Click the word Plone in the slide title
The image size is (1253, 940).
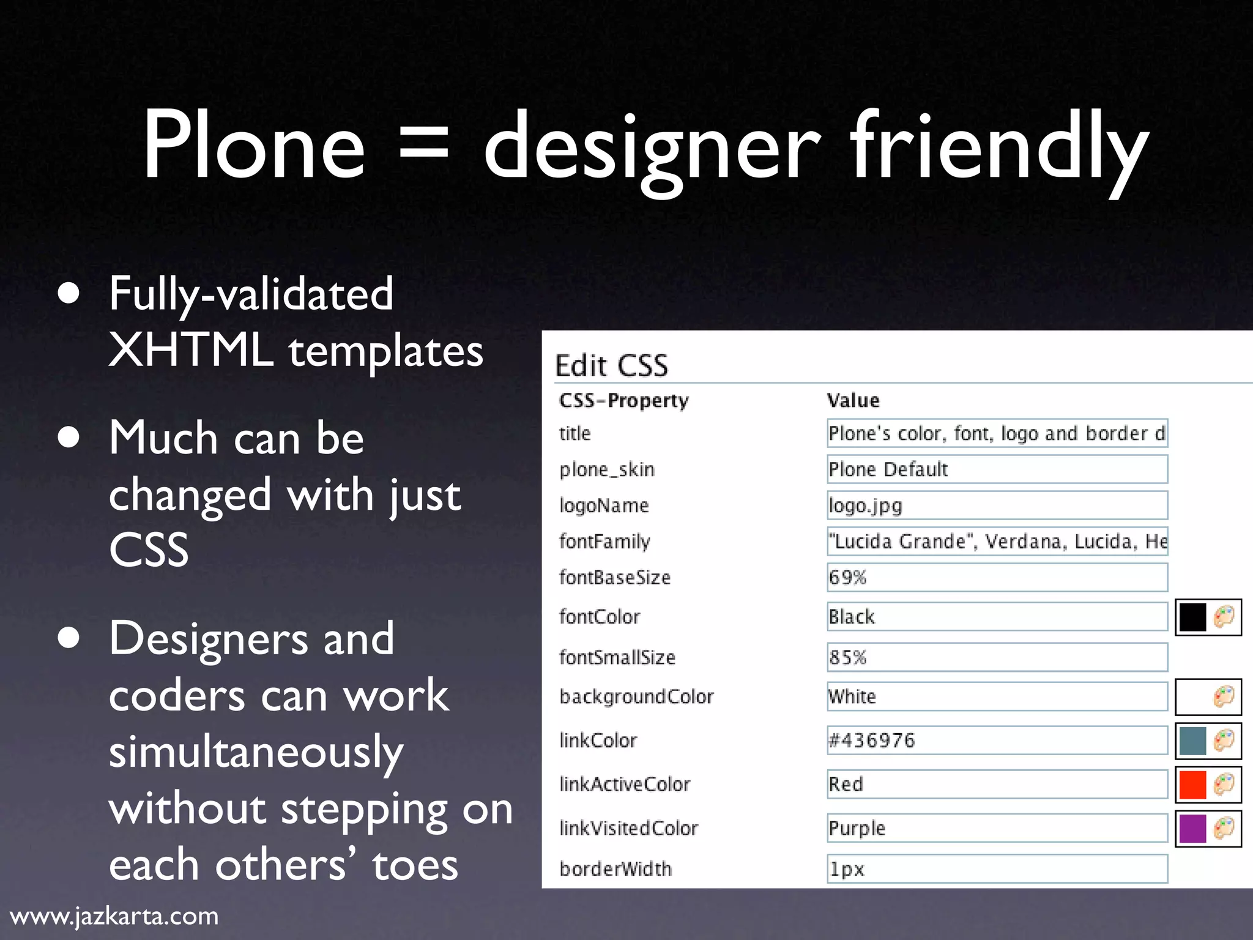click(254, 146)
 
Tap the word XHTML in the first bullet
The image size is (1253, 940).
click(191, 351)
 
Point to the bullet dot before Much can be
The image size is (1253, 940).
click(69, 438)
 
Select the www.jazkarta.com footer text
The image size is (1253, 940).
click(114, 916)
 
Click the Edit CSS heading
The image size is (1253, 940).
click(611, 365)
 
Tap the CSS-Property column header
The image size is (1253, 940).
click(623, 400)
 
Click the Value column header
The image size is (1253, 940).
click(853, 400)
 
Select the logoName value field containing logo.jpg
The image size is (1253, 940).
click(997, 505)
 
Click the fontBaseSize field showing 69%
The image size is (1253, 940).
click(997, 578)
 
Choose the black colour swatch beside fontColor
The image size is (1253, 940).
click(1192, 617)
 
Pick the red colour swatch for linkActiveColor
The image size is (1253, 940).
click(1192, 785)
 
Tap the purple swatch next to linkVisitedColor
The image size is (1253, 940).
click(1192, 829)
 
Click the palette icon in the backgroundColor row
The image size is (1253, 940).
click(1224, 696)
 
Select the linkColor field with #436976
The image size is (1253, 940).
click(997, 740)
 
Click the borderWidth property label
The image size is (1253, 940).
click(615, 869)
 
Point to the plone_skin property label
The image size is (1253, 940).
click(607, 469)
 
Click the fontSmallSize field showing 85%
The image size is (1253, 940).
click(997, 657)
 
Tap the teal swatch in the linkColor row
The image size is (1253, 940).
click(1192, 740)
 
